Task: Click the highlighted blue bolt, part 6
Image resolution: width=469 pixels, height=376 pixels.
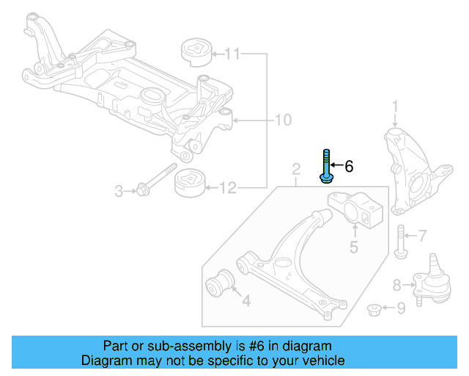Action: click(325, 168)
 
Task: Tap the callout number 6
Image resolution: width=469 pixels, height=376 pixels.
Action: click(349, 167)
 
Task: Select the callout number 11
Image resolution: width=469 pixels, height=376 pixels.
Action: click(232, 54)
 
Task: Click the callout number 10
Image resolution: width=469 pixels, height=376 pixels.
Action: click(283, 120)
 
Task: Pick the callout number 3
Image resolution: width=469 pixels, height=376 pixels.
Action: click(119, 192)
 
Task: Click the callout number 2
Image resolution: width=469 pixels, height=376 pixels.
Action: click(295, 171)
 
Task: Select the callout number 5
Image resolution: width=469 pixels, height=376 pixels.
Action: click(353, 247)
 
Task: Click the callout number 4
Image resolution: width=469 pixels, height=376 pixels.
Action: click(245, 300)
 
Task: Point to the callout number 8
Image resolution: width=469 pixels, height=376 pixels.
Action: click(396, 284)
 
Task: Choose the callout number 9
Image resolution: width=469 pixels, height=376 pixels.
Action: click(400, 308)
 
